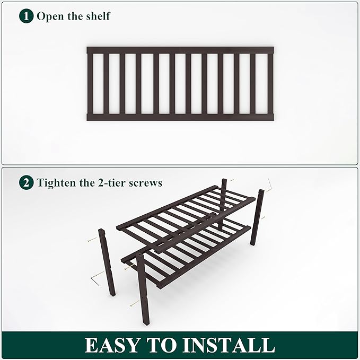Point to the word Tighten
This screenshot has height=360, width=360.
tap(56, 183)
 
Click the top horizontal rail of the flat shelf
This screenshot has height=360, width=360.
tap(180, 50)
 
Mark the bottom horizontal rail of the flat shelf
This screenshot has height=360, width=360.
tap(180, 117)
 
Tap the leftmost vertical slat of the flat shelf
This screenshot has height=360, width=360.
tap(90, 83)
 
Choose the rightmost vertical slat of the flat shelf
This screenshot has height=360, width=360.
tap(270, 83)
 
